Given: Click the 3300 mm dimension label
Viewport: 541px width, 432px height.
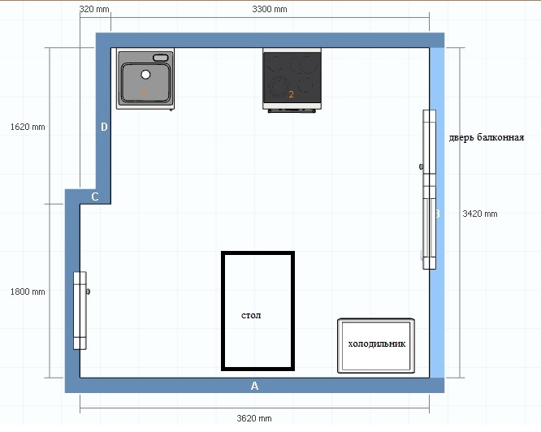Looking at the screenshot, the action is pos(270,9).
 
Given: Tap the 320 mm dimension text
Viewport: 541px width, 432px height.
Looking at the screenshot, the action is pos(94,9).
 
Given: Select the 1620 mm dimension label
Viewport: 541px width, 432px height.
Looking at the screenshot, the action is pos(28,127).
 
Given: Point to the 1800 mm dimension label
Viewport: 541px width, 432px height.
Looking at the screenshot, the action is pos(28,292).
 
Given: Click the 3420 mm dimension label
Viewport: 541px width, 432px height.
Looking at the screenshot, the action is pos(480,214).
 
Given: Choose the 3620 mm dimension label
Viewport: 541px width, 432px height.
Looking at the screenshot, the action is pos(254,418).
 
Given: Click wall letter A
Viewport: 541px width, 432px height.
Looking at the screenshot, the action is pos(254,386).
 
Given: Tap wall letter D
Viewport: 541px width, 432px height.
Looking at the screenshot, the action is pos(104,127).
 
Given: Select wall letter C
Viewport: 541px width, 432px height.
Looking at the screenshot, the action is pos(95,197).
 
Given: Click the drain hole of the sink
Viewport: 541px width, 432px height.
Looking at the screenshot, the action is pos(145,74).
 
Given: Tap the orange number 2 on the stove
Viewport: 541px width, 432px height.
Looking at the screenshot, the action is pos(291,94).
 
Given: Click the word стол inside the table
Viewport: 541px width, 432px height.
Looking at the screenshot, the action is pos(251,315).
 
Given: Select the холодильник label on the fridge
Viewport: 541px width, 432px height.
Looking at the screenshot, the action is pos(376,343).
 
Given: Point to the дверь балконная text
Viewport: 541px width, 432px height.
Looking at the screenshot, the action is pos(486,137).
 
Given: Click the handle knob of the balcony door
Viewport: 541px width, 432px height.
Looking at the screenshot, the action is pos(421,166).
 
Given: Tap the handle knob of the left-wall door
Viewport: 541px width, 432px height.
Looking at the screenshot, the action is pos(88,292).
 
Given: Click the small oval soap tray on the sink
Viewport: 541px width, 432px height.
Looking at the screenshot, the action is pos(161,58).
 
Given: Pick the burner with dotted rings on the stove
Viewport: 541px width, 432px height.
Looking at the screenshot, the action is pos(278,86).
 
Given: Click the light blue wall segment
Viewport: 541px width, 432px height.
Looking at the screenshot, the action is pos(437,213).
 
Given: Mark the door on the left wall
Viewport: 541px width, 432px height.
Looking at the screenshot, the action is pos(80,311).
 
